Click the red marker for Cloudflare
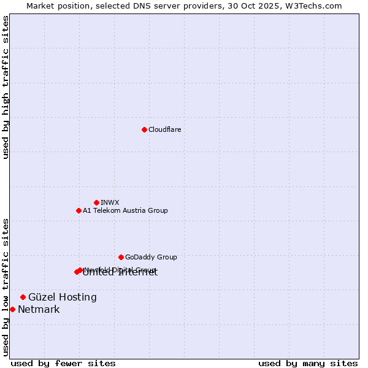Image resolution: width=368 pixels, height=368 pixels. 144,129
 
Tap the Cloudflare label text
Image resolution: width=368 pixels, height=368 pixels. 164,129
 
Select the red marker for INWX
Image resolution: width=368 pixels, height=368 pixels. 96,202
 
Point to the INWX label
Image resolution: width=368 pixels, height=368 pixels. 110,202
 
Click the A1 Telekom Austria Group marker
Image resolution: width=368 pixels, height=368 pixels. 79,210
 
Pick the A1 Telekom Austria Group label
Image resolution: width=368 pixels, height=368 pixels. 125,210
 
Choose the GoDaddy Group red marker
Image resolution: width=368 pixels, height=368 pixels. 121,257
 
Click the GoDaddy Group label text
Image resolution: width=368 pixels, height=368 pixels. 151,257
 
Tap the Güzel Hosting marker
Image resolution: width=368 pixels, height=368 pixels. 23,297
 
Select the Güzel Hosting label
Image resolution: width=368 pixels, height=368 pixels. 63,297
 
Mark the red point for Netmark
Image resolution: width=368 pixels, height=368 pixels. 12,309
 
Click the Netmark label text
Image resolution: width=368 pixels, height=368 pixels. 39,310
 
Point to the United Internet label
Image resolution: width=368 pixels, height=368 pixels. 120,274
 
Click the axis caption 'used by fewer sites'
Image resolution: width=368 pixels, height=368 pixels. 63,363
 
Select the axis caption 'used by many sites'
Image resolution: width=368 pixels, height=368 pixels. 308,363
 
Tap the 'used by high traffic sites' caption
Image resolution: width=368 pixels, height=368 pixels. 6,87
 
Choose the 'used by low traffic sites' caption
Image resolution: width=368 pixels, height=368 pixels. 6,286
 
